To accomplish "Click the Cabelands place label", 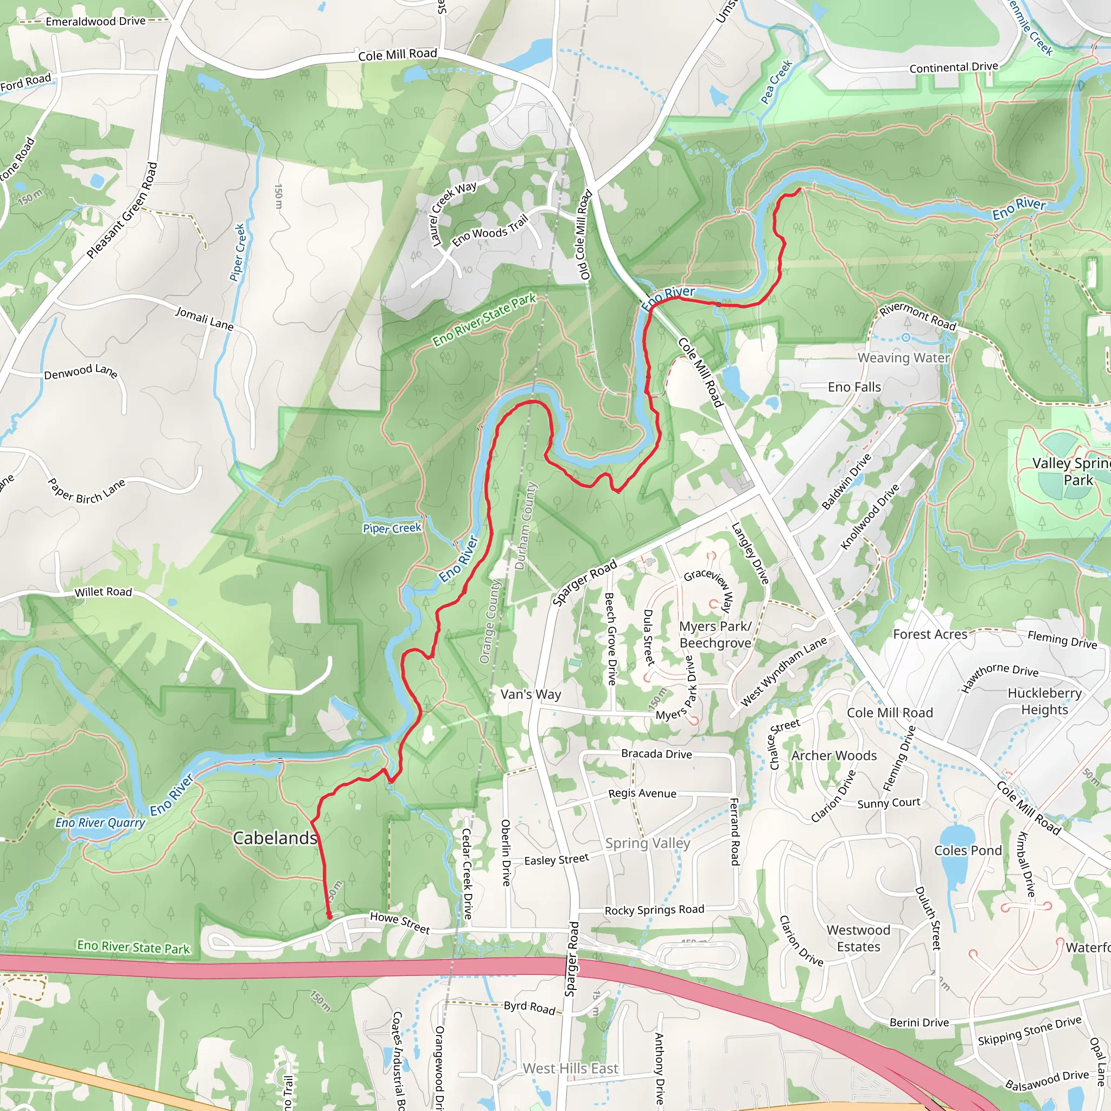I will [x=275, y=838].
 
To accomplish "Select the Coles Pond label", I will [x=968, y=851].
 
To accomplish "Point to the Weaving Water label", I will [x=903, y=357].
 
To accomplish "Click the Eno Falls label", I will [x=854, y=387].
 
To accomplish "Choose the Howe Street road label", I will [x=400, y=923].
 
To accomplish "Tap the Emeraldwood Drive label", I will [x=95, y=21].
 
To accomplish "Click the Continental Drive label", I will [x=954, y=67].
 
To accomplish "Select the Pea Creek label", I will [x=776, y=82].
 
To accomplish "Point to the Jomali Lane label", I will [x=204, y=318].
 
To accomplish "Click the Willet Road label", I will [x=104, y=592].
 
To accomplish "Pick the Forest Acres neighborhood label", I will [x=930, y=634].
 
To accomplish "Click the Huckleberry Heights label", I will [x=1044, y=701].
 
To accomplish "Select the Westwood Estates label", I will [x=858, y=938].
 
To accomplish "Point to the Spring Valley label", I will [x=648, y=843].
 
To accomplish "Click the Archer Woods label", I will [x=834, y=756].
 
